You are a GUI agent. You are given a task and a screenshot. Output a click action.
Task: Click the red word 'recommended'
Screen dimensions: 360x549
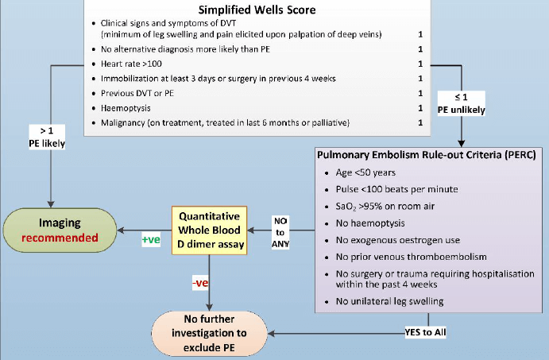tap(59, 237)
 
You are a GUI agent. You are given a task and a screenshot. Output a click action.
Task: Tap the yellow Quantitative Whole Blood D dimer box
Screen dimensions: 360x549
tap(208, 230)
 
